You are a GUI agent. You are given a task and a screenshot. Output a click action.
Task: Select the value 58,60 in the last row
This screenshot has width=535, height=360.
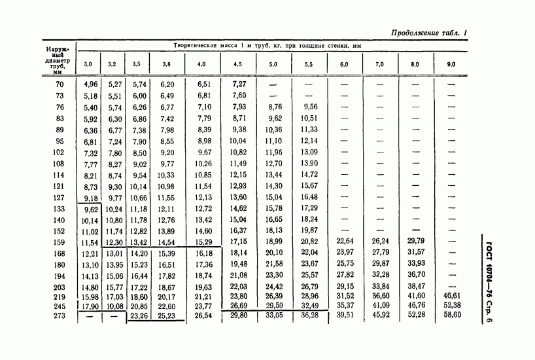[x=450, y=315]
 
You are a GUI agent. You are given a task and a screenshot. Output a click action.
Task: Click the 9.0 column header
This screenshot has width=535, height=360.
[x=451, y=64]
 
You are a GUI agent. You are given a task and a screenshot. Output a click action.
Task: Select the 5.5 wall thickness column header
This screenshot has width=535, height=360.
[x=309, y=64]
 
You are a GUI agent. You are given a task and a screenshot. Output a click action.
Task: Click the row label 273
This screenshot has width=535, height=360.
[x=60, y=315]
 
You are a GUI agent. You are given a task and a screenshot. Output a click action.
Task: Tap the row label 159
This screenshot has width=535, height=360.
[x=60, y=242]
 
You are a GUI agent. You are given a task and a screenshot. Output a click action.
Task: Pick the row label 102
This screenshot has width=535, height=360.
[x=60, y=153]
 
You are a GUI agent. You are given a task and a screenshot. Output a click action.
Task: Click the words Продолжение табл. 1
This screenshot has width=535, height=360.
[x=432, y=33]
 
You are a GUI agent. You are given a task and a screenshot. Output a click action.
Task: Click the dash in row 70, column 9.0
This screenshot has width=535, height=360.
[x=450, y=84]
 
